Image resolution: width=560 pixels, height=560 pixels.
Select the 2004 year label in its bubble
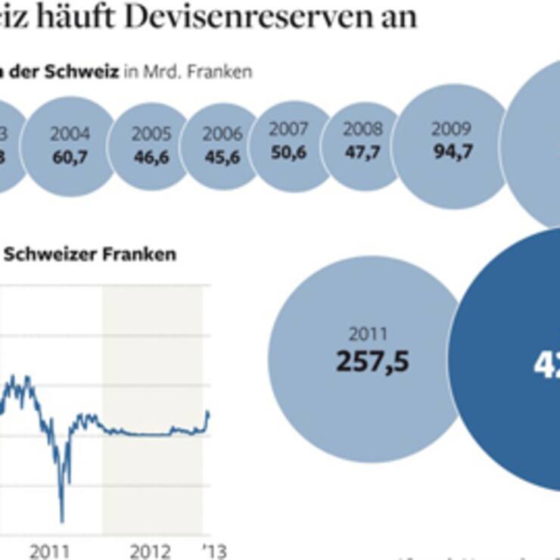(69, 135)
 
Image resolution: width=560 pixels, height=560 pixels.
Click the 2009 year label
(450, 129)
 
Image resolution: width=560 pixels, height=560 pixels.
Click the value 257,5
(372, 360)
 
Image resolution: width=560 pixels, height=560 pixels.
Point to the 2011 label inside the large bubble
(368, 334)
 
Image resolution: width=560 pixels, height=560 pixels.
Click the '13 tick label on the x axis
(215, 551)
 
